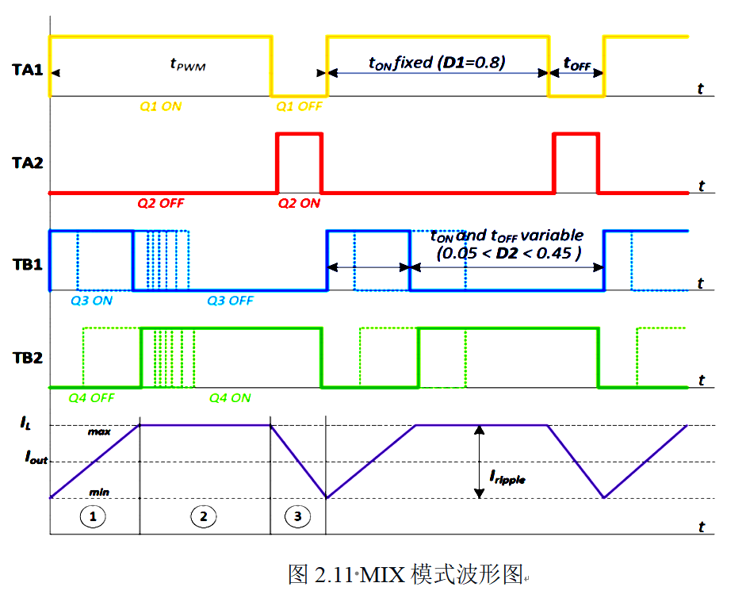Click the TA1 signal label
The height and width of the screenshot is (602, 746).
pos(28,70)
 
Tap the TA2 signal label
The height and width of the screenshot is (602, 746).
pos(28,163)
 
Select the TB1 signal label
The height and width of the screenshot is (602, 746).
pos(28,265)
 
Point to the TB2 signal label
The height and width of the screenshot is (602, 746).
pos(28,358)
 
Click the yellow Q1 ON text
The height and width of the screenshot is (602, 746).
pos(160,106)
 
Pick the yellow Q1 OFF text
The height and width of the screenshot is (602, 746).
pos(299,106)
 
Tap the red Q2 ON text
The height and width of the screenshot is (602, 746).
pos(299,204)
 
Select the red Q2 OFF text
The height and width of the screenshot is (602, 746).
pos(160,204)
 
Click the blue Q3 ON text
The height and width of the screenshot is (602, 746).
pos(91,301)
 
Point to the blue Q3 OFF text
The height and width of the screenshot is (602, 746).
pos(230,301)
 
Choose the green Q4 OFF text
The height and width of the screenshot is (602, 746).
pos(91,398)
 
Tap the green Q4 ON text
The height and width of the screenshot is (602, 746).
pos(230,398)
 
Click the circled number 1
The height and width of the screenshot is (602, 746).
pos(93,516)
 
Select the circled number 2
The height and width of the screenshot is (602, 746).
pos(204,516)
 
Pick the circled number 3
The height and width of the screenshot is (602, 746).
pos(297,516)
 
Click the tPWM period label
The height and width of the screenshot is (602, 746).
pos(188,64)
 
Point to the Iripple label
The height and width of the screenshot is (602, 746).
pos(507,477)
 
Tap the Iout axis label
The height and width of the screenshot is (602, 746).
pos(36,458)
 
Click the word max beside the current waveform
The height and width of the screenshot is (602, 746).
pos(99,431)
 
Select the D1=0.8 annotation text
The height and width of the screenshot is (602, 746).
pos(471,63)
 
